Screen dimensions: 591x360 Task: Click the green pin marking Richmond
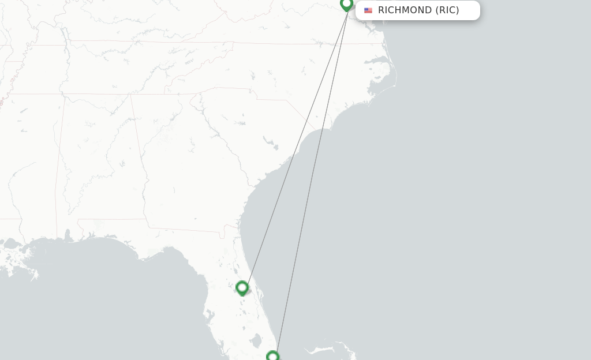346,5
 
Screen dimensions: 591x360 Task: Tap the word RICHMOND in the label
405,10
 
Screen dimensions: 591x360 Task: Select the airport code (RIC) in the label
447,10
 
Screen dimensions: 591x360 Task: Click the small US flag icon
368,10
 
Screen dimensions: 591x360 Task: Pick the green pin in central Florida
242,287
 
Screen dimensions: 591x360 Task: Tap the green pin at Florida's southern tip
272,356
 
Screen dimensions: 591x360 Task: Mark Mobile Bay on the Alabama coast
68,237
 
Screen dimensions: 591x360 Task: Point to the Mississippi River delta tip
33,275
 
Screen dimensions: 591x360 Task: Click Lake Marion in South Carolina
269,141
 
